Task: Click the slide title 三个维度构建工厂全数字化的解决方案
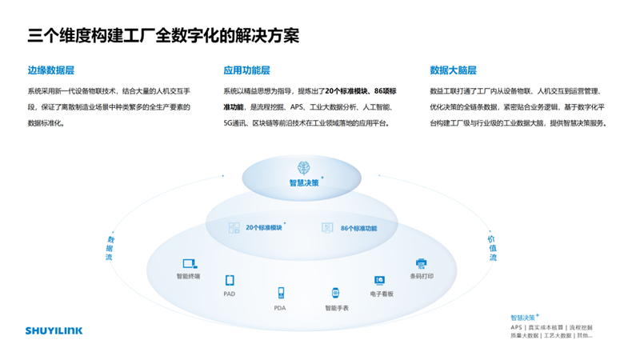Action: click(164, 35)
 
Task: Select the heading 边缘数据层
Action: click(51, 70)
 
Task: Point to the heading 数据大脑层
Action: click(453, 70)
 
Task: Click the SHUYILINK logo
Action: click(54, 330)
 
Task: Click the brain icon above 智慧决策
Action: click(304, 167)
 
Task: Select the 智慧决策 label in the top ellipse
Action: click(304, 182)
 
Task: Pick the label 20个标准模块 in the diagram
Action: click(265, 228)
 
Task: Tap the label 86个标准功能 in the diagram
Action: click(358, 228)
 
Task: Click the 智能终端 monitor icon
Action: click(189, 263)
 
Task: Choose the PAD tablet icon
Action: click(230, 280)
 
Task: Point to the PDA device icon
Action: click(280, 293)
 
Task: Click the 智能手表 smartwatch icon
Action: click(336, 294)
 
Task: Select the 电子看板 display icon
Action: click(380, 280)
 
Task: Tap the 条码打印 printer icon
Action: click(422, 263)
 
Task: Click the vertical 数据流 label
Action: click(110, 248)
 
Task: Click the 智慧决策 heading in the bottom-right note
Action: click(524, 317)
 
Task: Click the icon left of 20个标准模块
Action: click(234, 228)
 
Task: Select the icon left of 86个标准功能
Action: click(327, 228)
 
